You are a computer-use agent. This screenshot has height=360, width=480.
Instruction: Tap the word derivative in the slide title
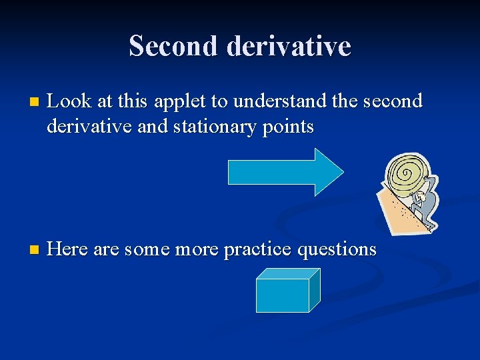[289, 46]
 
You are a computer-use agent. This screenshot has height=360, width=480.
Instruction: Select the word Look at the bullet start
[70, 101]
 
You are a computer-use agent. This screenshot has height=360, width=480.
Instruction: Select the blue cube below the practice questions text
[285, 292]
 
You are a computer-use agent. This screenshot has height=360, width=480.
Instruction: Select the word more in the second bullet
[198, 250]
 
